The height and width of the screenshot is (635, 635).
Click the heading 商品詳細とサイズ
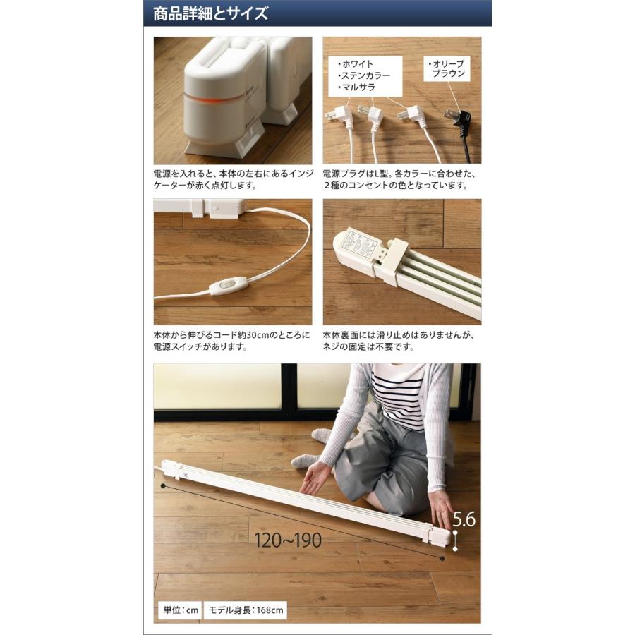point(211,13)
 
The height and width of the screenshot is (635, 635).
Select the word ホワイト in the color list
point(357,64)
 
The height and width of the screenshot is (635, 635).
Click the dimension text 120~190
point(289,540)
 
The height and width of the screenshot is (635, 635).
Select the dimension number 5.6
point(464,520)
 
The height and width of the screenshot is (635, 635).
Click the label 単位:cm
point(179,610)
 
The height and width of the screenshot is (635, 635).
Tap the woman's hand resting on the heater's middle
point(314,478)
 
